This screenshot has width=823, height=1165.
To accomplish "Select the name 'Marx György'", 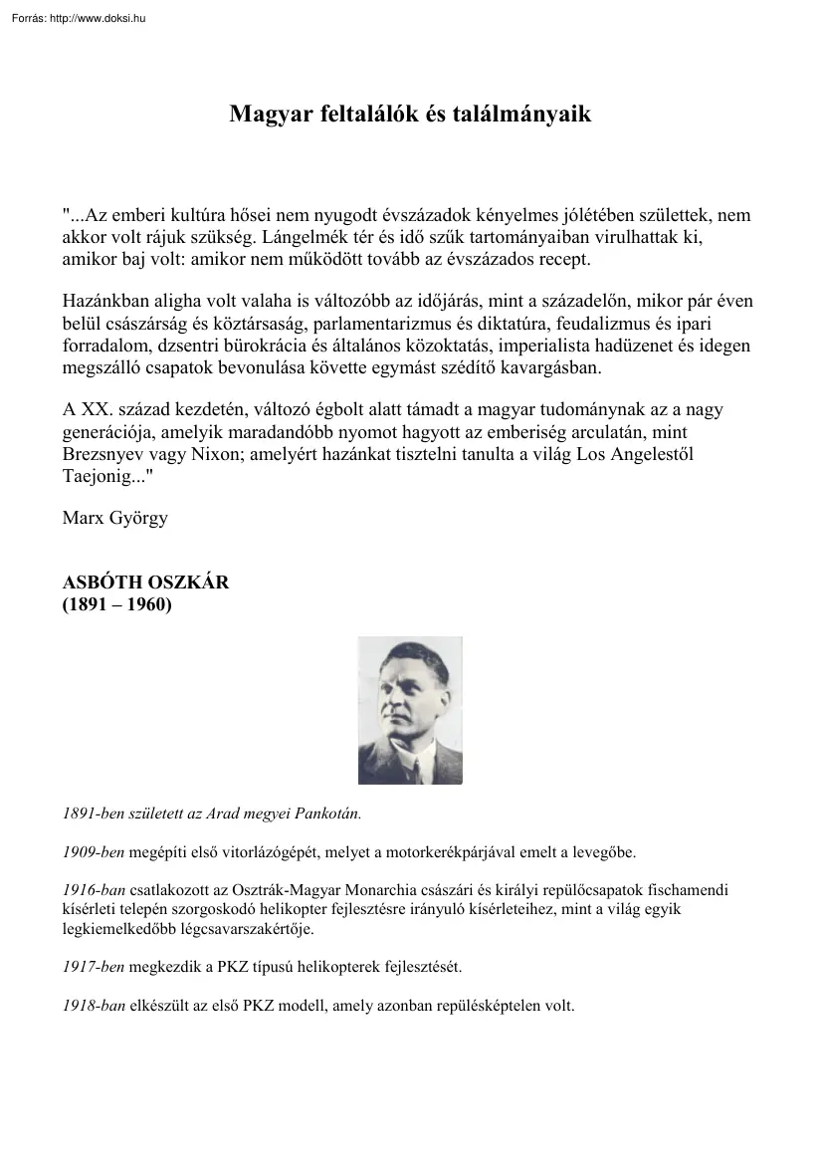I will click(113, 517).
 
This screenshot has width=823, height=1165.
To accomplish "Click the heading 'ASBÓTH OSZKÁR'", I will click(145, 582).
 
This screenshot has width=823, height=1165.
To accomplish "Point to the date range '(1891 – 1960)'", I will click(117, 603).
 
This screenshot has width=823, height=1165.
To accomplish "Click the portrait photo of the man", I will click(410, 711).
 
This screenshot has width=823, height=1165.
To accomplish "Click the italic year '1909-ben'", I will click(94, 852).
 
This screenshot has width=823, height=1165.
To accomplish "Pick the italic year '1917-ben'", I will click(94, 966).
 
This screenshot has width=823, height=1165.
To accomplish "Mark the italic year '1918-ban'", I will click(94, 1006).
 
